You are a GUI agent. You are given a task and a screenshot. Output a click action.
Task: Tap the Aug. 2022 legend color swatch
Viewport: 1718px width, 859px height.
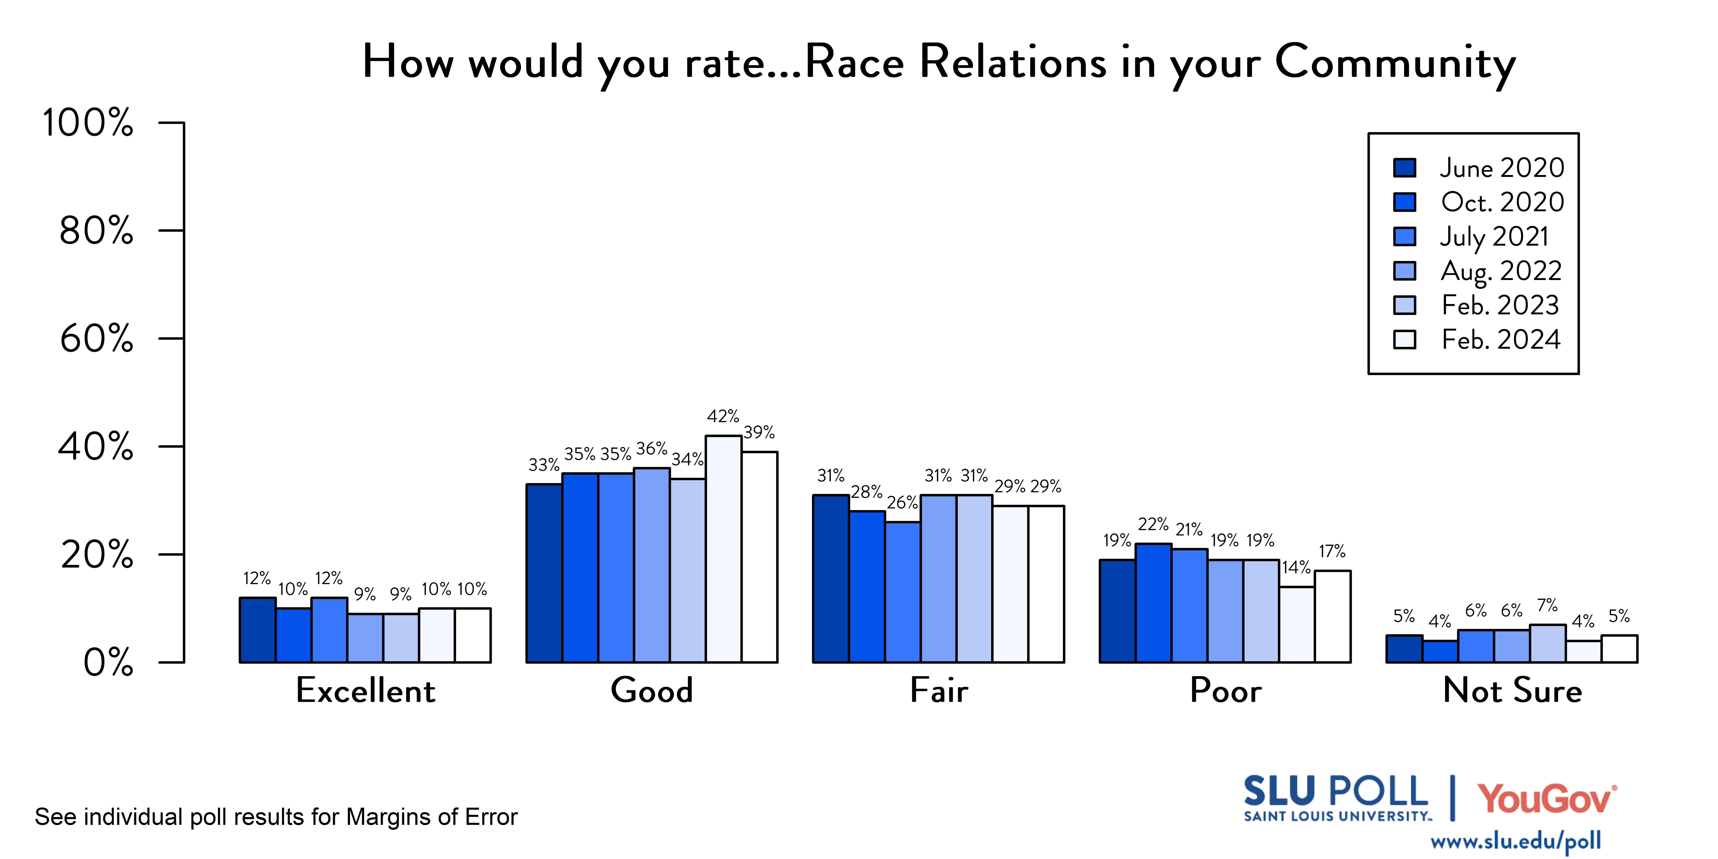[1404, 271]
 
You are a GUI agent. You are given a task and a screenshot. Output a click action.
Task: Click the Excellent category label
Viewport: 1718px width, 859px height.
[365, 690]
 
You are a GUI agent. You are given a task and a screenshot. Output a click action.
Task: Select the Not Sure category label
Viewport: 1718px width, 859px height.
[1512, 690]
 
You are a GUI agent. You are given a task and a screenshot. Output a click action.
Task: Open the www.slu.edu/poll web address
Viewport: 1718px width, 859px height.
[1515, 841]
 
